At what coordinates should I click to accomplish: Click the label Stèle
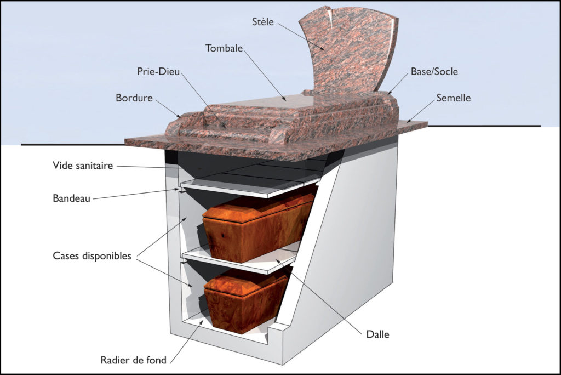click(x=263, y=22)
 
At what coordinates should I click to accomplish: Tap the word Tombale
click(x=224, y=48)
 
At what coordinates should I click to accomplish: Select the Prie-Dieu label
click(x=158, y=71)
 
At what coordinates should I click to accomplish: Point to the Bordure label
click(x=134, y=98)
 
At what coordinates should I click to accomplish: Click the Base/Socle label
click(x=434, y=71)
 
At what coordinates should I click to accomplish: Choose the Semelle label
click(x=453, y=98)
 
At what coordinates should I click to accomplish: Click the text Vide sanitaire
click(x=83, y=165)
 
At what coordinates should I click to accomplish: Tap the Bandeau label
click(x=71, y=198)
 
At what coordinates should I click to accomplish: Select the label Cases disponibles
click(x=92, y=255)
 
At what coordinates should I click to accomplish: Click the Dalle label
click(x=378, y=334)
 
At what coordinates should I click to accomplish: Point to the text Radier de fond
click(x=134, y=360)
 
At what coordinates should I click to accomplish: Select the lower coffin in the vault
click(x=246, y=301)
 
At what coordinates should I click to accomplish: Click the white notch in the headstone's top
click(x=329, y=16)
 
